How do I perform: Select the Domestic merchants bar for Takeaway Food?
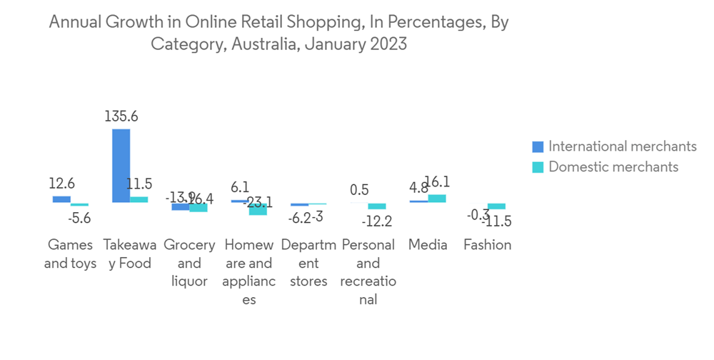click(x=139, y=199)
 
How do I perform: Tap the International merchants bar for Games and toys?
click(x=61, y=199)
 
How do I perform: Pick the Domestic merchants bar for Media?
click(x=437, y=199)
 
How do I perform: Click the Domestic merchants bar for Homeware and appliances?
click(x=258, y=209)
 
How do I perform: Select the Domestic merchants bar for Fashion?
click(x=496, y=206)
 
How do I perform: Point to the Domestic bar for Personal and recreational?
click(x=377, y=206)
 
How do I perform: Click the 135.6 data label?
click(x=121, y=116)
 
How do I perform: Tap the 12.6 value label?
click(x=61, y=184)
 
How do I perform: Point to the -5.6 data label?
click(x=79, y=219)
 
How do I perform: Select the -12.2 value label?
click(x=376, y=221)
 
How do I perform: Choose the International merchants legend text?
click(x=622, y=146)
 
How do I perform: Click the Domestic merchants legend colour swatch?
click(x=538, y=167)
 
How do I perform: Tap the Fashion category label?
click(x=488, y=245)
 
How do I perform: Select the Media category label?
click(x=428, y=245)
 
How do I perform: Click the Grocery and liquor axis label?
click(x=189, y=263)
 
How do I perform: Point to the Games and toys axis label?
click(x=70, y=254)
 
